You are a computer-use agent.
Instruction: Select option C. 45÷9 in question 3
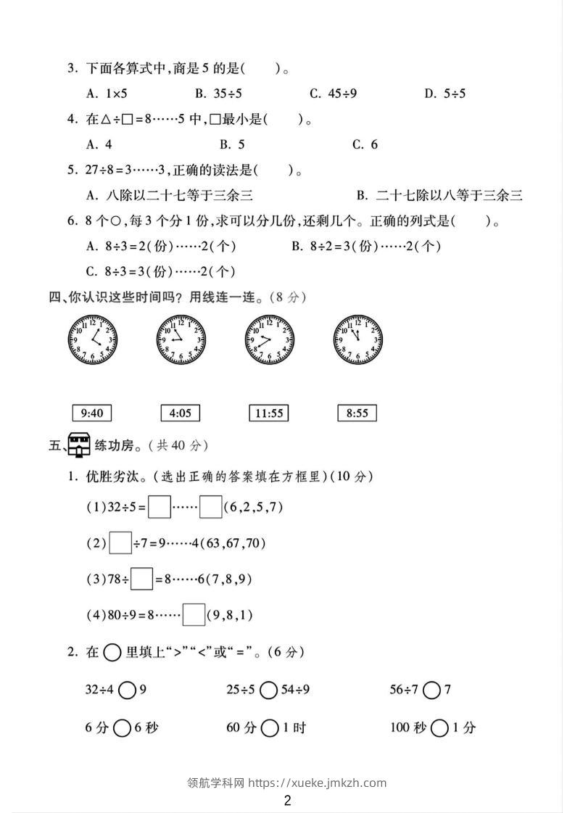tap(333, 93)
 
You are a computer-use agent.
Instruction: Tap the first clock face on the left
tap(93, 339)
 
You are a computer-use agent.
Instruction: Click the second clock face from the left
tap(180, 339)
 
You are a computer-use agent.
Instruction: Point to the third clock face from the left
tap(270, 339)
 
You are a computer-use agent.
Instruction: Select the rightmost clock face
tap(357, 339)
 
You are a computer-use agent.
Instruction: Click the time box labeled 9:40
tap(93, 413)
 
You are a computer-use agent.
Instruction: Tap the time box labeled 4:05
tap(180, 413)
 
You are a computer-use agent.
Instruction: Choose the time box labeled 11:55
tap(268, 413)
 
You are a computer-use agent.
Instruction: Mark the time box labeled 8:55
tap(357, 413)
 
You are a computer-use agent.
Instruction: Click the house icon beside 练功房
tap(78, 445)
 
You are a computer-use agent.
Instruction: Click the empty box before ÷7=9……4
tap(121, 543)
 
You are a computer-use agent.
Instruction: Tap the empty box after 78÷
tap(142, 579)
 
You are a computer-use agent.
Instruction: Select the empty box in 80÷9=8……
tap(194, 615)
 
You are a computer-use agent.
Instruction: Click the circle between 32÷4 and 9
tap(127, 690)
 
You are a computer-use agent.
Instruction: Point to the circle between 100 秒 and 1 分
tap(439, 727)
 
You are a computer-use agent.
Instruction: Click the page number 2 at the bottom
tap(288, 801)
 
